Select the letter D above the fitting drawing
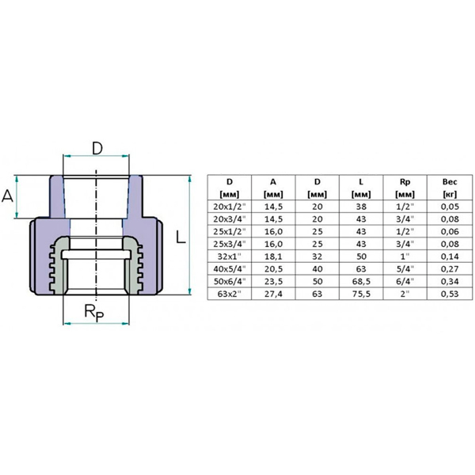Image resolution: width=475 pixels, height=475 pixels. click(97, 148)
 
